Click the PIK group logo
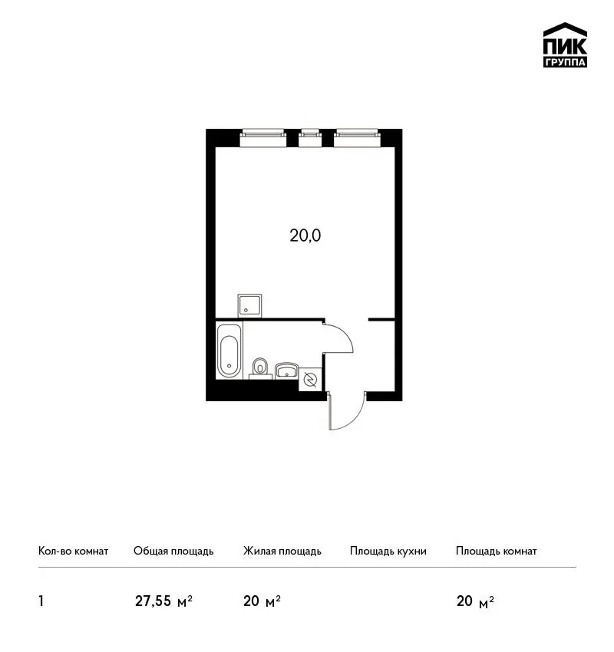[565, 45]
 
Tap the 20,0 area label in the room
[305, 235]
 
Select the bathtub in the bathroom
[229, 351]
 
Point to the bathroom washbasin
[286, 370]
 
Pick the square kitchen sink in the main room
[249, 306]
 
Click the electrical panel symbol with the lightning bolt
[310, 379]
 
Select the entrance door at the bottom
[346, 412]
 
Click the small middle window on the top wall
[310, 139]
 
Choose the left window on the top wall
[263, 139]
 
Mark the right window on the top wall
[358, 139]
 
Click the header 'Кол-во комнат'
[73, 551]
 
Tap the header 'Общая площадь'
[173, 552]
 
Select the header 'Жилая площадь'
[282, 552]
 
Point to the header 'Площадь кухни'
[388, 552]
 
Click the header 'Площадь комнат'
[497, 552]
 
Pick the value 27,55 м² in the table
[163, 601]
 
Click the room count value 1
[41, 601]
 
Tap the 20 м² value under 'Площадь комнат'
[475, 601]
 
